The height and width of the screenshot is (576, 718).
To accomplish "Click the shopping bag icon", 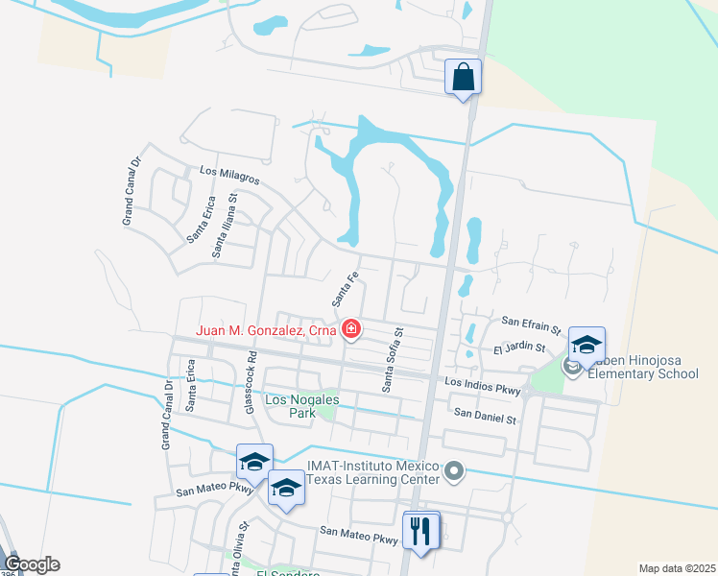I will (x=463, y=78).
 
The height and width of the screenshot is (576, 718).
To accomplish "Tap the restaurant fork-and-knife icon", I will (x=419, y=530).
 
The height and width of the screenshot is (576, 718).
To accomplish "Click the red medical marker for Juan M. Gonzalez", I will (x=352, y=330).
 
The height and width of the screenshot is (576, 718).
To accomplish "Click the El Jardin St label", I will (x=518, y=348).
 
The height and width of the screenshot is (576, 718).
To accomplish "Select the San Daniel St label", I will (x=485, y=418).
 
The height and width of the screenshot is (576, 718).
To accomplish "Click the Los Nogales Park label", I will (x=289, y=406).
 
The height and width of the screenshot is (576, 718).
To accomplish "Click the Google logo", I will (x=31, y=564).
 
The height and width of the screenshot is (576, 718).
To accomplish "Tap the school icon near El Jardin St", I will (x=586, y=343).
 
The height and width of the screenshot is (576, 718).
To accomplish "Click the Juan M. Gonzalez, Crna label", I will (x=266, y=330).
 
